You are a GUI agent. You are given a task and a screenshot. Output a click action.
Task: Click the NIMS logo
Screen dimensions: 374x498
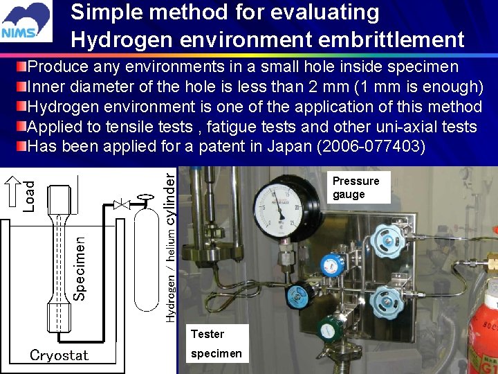(x=26, y=22)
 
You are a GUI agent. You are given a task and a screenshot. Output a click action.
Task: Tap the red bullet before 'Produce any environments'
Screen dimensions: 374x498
(x=21, y=67)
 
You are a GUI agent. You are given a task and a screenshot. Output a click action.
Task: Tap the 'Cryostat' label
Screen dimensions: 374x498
(x=59, y=355)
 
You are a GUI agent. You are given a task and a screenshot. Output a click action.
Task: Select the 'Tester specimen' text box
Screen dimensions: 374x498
(x=216, y=344)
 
